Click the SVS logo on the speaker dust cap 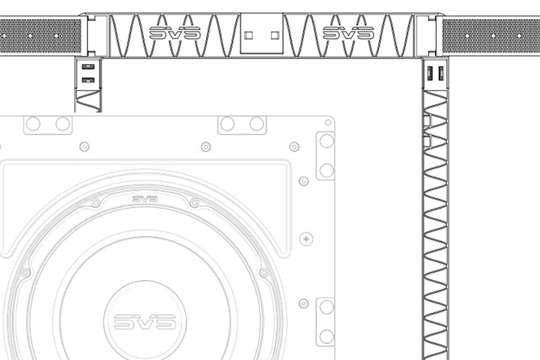tap(145, 321)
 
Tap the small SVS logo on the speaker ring tap(145, 199)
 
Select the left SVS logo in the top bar tap(175, 33)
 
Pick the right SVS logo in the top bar tap(349, 33)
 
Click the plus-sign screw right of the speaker tap(306, 238)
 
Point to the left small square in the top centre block tap(248, 35)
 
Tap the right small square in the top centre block tap(275, 35)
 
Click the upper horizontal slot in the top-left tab tap(88, 66)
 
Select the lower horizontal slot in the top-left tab tap(88, 80)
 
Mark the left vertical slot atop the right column tap(430, 73)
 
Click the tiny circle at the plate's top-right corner tap(328, 122)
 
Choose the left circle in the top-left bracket tap(33, 124)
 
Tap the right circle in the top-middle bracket tap(256, 124)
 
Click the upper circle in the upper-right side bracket tap(326, 141)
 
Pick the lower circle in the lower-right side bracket tap(326, 336)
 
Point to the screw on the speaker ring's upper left tap(96, 203)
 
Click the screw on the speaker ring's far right tap(264, 272)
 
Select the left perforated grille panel tap(40, 36)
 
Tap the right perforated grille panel tap(491, 36)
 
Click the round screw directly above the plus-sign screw tap(303, 181)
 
